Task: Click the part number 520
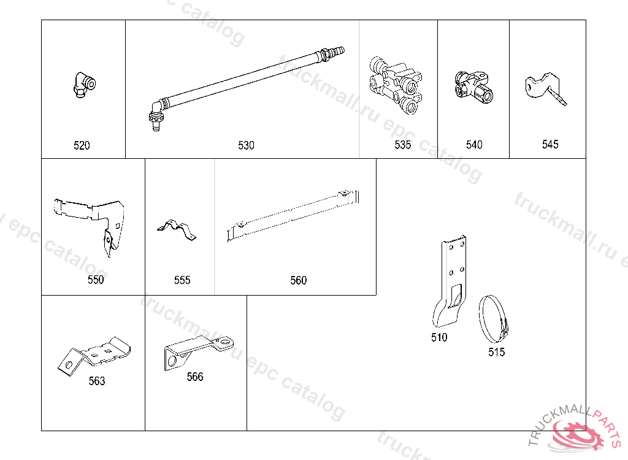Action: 82,145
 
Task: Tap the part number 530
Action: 246,145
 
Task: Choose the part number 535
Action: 403,145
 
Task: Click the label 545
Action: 550,144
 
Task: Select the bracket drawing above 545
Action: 542,85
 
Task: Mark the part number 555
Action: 182,280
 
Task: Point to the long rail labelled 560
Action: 292,215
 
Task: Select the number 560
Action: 298,280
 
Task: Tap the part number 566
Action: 195,377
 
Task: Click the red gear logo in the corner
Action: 580,435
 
